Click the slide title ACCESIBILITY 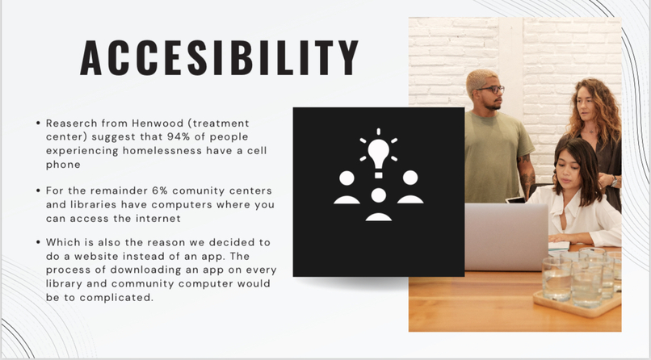point(220,57)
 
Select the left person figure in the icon point(346,186)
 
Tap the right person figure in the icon point(410,186)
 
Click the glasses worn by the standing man point(490,89)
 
